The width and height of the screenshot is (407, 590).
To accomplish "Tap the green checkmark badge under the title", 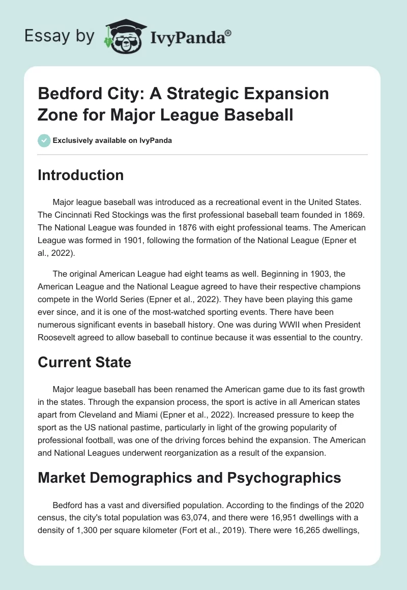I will click(x=44, y=140).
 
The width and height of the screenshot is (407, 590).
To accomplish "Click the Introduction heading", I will click(x=81, y=175).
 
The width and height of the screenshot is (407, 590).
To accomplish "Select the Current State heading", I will click(x=84, y=362).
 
